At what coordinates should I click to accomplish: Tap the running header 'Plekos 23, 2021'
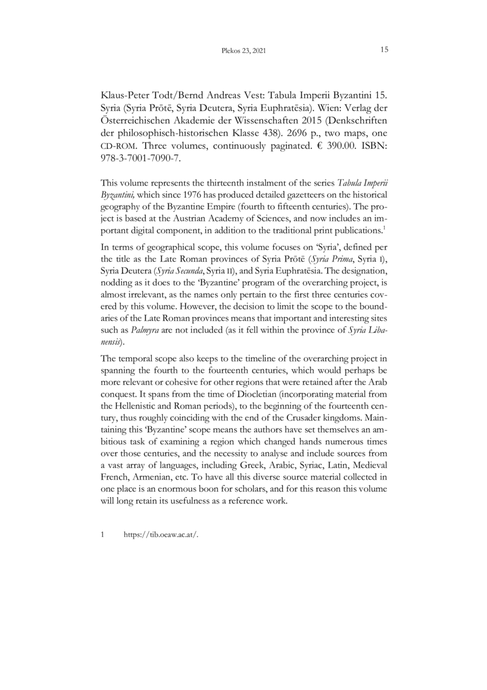244,51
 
